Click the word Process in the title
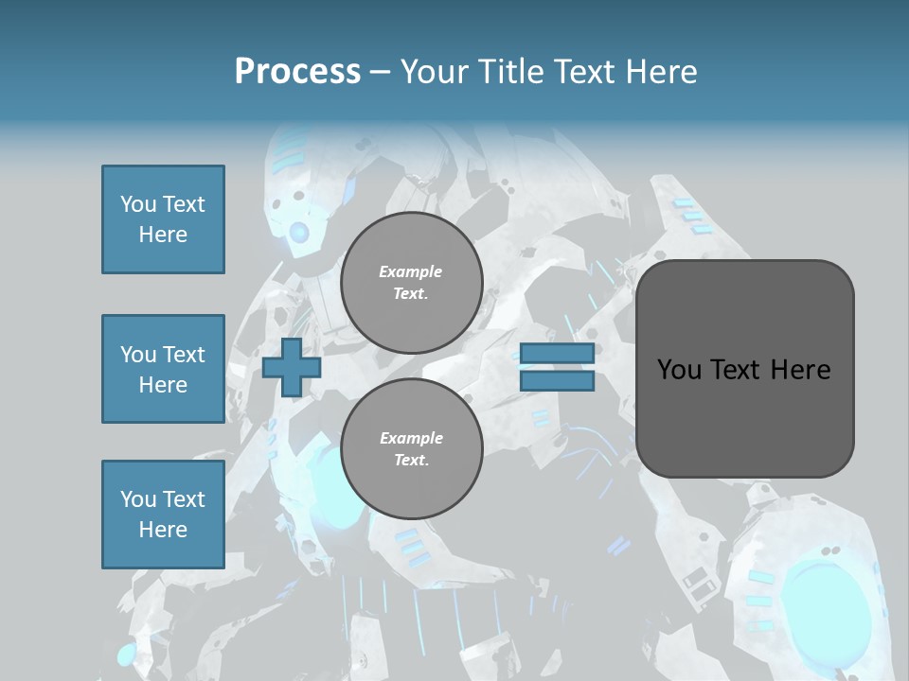pos(297,72)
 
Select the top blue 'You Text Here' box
pos(163,219)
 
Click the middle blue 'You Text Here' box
pos(163,369)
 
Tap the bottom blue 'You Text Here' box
pos(163,515)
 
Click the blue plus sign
pos(292,367)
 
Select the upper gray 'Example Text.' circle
pos(411,283)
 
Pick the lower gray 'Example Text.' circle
pos(411,449)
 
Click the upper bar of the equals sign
pos(557,354)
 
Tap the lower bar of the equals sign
pos(557,380)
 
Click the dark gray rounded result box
pos(744,369)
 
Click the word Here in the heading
pos(663,72)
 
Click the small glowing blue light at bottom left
pos(127,655)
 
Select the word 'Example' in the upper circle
pos(411,271)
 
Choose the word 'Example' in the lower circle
pos(411,438)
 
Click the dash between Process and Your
pos(380,72)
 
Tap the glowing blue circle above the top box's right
pos(299,232)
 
